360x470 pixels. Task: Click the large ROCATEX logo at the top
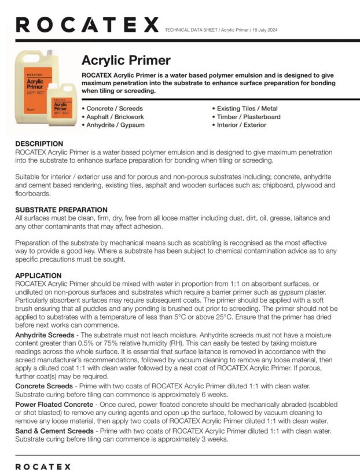pyautogui.click(x=87, y=24)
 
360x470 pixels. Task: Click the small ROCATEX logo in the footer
pyautogui.click(x=43, y=466)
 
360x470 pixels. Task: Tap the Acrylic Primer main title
pyautogui.click(x=126, y=60)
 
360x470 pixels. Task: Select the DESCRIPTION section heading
pyautogui.click(x=39, y=144)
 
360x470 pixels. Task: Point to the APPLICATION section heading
pyautogui.click(x=38, y=275)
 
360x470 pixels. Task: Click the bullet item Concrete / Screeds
pyautogui.click(x=114, y=108)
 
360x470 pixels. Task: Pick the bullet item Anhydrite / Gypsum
pyautogui.click(x=115, y=124)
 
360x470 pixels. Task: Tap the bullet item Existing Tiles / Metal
pyautogui.click(x=247, y=108)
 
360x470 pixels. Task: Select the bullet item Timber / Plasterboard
pyautogui.click(x=248, y=116)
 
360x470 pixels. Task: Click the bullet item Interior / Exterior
pyautogui.click(x=241, y=124)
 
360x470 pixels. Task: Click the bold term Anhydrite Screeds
pyautogui.click(x=44, y=335)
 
